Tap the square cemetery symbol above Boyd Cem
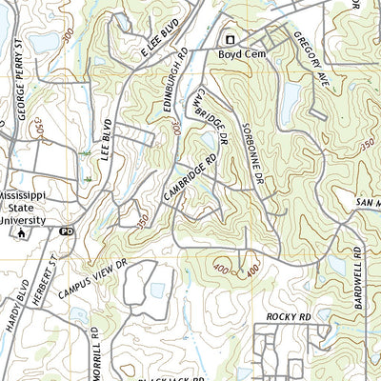click(229, 39)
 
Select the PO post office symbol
click(66, 231)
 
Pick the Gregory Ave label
click(311, 56)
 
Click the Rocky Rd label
click(289, 316)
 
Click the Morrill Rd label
click(95, 352)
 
